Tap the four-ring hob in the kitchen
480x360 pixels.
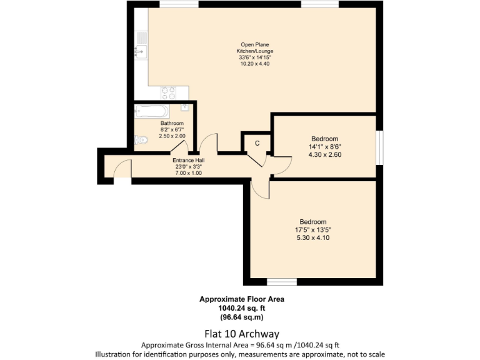pos(167,92)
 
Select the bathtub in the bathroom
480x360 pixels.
pos(151,112)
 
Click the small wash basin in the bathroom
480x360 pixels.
pos(184,109)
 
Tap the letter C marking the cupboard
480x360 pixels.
pos(256,143)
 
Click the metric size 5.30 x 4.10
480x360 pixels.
pos(312,237)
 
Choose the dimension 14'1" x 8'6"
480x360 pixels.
pos(324,146)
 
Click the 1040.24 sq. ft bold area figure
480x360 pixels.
pos(241,308)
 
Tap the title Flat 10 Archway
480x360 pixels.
pos(241,333)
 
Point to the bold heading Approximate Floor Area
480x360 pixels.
pos(241,299)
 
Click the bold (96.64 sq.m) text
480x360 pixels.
pos(241,317)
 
